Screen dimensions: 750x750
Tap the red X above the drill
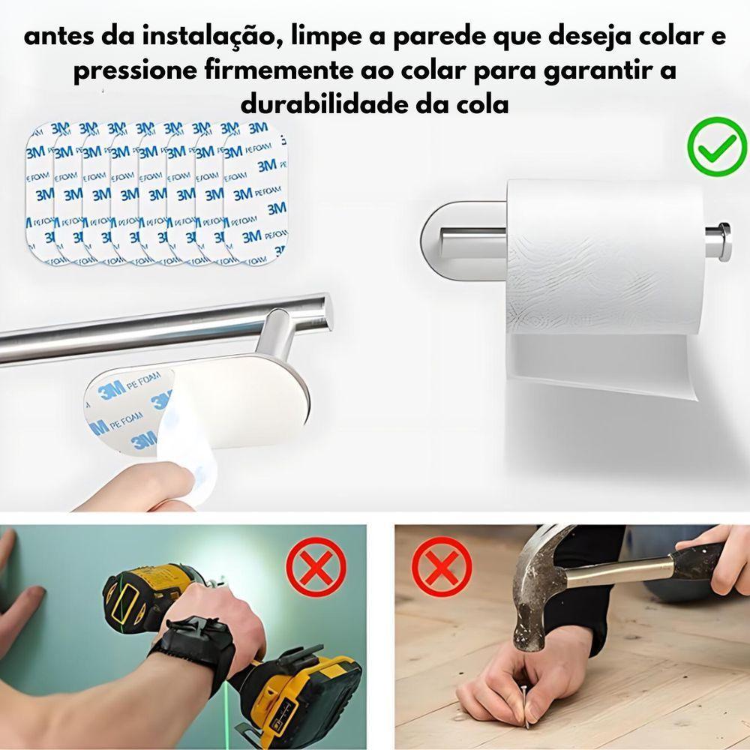(x=316, y=568)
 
